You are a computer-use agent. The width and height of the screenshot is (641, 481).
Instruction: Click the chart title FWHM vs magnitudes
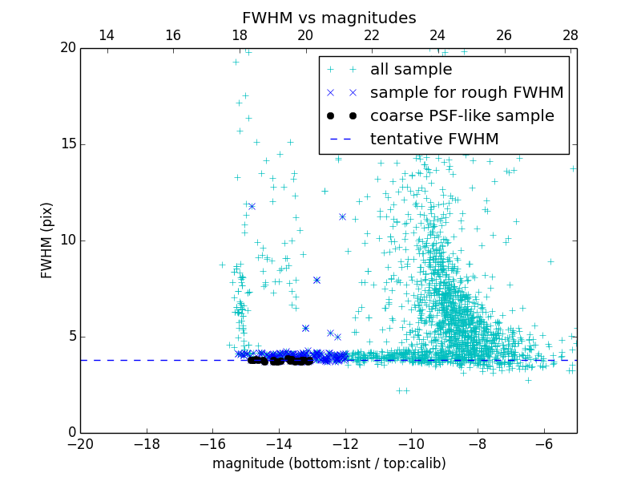[x=329, y=18]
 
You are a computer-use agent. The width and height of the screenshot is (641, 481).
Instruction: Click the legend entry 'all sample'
[x=411, y=70]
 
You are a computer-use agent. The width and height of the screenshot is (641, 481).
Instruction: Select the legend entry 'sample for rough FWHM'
[x=466, y=93]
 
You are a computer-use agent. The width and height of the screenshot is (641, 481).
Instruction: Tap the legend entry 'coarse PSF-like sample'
[x=462, y=116]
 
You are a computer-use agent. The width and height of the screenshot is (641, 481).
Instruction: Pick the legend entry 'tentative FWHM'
[x=434, y=139]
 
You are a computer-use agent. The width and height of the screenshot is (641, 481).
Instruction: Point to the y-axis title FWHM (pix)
[x=47, y=240]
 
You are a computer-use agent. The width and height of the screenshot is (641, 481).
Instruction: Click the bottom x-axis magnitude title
[x=329, y=463]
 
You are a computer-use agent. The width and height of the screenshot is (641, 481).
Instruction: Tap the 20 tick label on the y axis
[x=67, y=48]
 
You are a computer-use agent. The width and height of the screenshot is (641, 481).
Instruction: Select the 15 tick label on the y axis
[x=67, y=144]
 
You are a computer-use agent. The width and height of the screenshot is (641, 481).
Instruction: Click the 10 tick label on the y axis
[x=67, y=240]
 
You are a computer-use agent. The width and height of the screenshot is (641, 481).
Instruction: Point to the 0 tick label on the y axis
[x=71, y=433]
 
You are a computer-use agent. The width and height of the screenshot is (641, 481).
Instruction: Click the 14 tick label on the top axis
[x=107, y=35]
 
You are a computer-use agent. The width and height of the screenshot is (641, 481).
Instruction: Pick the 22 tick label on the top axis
[x=371, y=35]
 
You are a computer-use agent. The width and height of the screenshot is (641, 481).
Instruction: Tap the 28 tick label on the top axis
[x=570, y=35]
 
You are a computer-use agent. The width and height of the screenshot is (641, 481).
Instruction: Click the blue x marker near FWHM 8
[x=316, y=280]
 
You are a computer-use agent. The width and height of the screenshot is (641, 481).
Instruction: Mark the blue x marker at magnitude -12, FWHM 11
[x=342, y=216]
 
